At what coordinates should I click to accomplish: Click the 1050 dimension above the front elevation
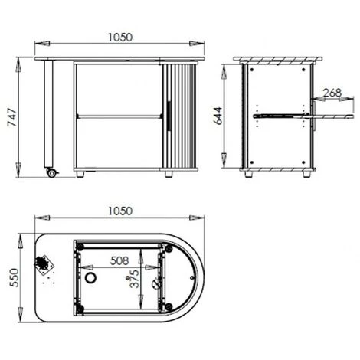[121, 36]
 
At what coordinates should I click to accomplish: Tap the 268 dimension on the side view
[332, 93]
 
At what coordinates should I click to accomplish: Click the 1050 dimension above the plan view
[121, 211]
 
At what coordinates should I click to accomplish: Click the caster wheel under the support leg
[52, 172]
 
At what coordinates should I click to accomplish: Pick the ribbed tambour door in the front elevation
[181, 115]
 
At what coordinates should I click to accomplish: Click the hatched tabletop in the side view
[280, 60]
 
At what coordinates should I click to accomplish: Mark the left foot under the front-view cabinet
[81, 175]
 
